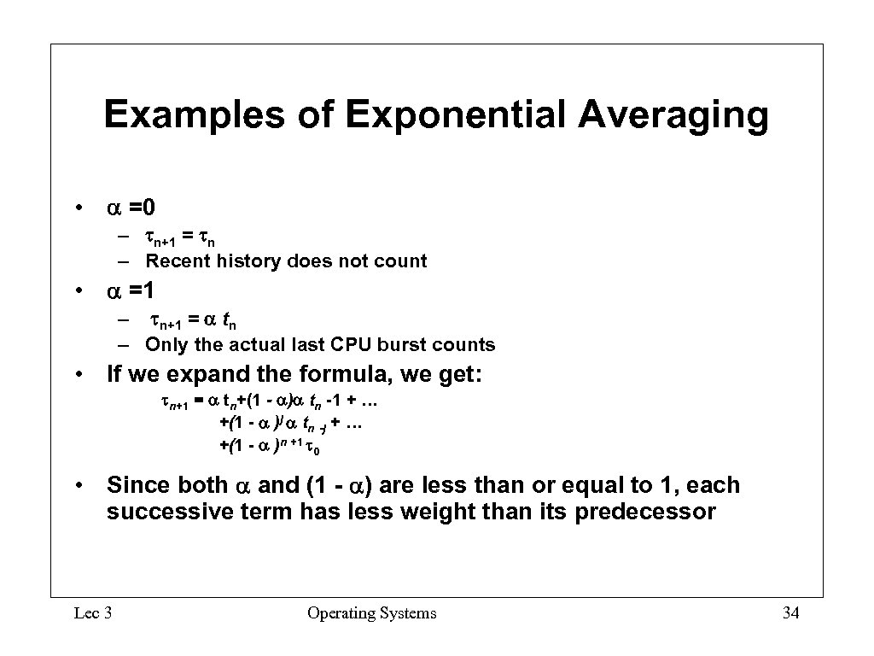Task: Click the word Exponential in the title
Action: (x=457, y=115)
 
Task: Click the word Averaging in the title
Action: (x=673, y=115)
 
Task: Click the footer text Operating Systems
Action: (x=372, y=612)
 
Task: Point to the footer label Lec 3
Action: (x=94, y=612)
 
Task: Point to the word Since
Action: (x=138, y=485)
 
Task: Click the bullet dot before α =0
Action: (x=78, y=208)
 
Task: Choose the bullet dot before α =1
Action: (x=78, y=292)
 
